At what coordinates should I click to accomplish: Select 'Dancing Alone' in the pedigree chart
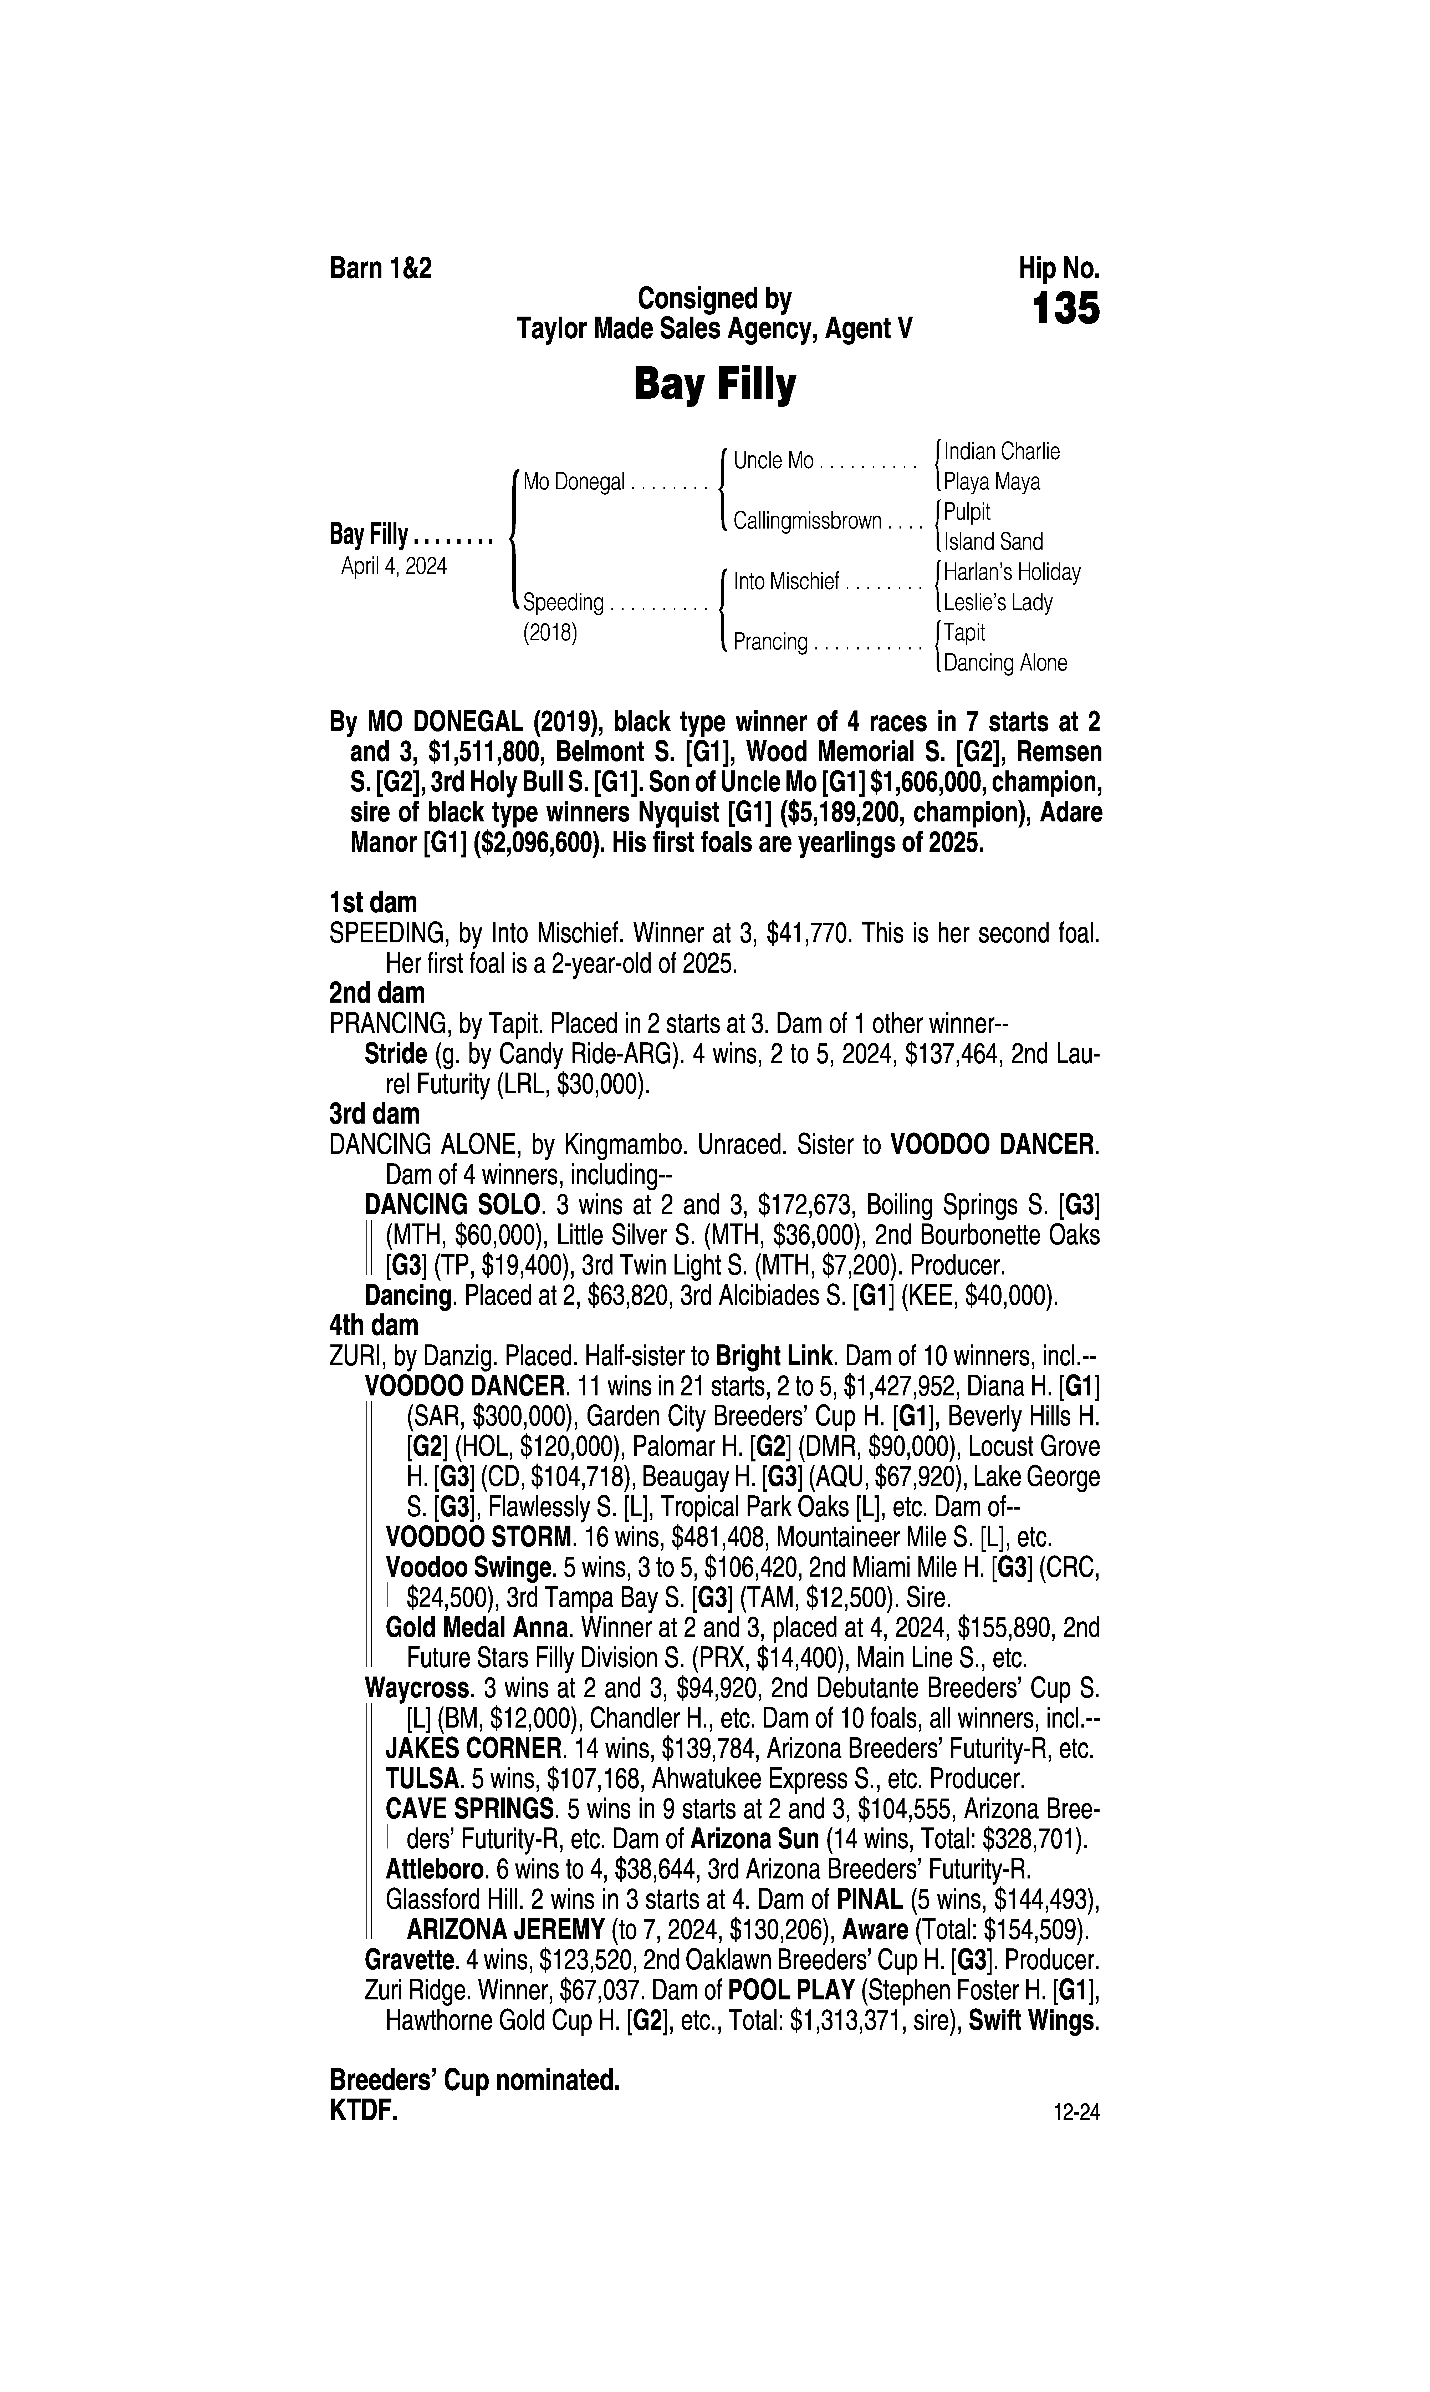point(1005,663)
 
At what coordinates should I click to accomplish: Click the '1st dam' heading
point(374,903)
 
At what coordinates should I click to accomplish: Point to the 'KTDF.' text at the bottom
point(363,2111)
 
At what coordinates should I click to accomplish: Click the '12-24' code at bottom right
point(1076,2114)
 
